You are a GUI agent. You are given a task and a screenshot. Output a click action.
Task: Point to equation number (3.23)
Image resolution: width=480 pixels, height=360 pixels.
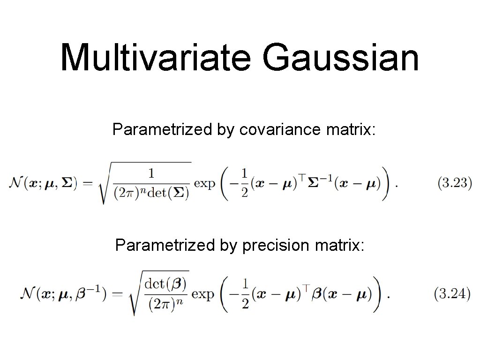[x=454, y=183]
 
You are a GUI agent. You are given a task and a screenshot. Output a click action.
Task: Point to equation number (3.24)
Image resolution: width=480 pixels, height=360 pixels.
[x=452, y=294]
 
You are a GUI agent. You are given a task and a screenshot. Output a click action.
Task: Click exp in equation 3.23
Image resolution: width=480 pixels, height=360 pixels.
[x=204, y=183]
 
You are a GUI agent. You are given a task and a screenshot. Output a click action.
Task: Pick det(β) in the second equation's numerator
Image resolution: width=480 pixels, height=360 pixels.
[x=165, y=283]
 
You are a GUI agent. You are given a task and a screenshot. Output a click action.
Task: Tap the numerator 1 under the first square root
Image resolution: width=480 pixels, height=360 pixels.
[x=151, y=173]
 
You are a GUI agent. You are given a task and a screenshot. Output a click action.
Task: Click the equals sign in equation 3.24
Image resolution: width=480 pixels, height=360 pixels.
[x=117, y=295]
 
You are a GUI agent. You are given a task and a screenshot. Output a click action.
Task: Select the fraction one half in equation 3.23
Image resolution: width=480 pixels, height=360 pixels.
[x=244, y=183]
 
